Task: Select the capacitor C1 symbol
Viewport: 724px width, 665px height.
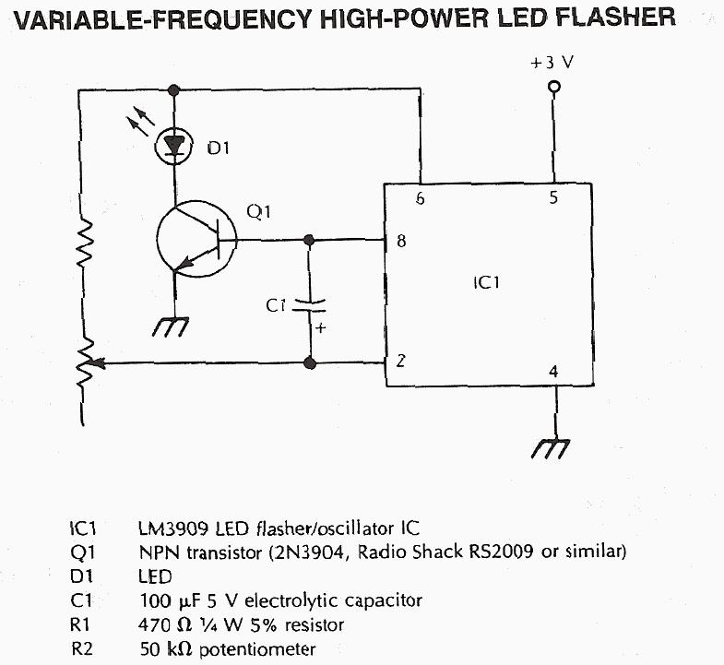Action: click(x=308, y=306)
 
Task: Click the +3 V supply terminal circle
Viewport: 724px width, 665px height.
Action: click(x=553, y=88)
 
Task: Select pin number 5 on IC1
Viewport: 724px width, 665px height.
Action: click(x=553, y=197)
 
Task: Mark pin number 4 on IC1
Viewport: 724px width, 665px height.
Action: click(x=553, y=372)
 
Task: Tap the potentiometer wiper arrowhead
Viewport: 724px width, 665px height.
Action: click(x=100, y=362)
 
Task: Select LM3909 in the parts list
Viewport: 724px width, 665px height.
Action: click(x=175, y=528)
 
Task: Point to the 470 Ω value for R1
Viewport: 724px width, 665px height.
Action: click(x=161, y=624)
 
